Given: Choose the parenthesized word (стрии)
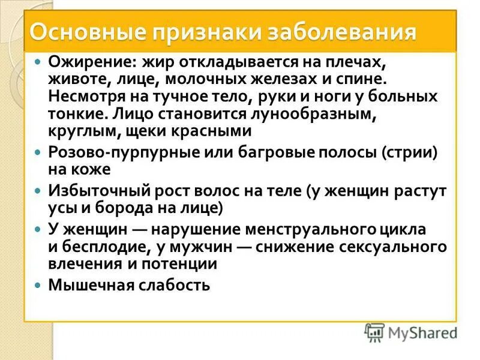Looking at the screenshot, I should click(x=409, y=153).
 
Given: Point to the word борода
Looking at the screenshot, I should click(x=128, y=208).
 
